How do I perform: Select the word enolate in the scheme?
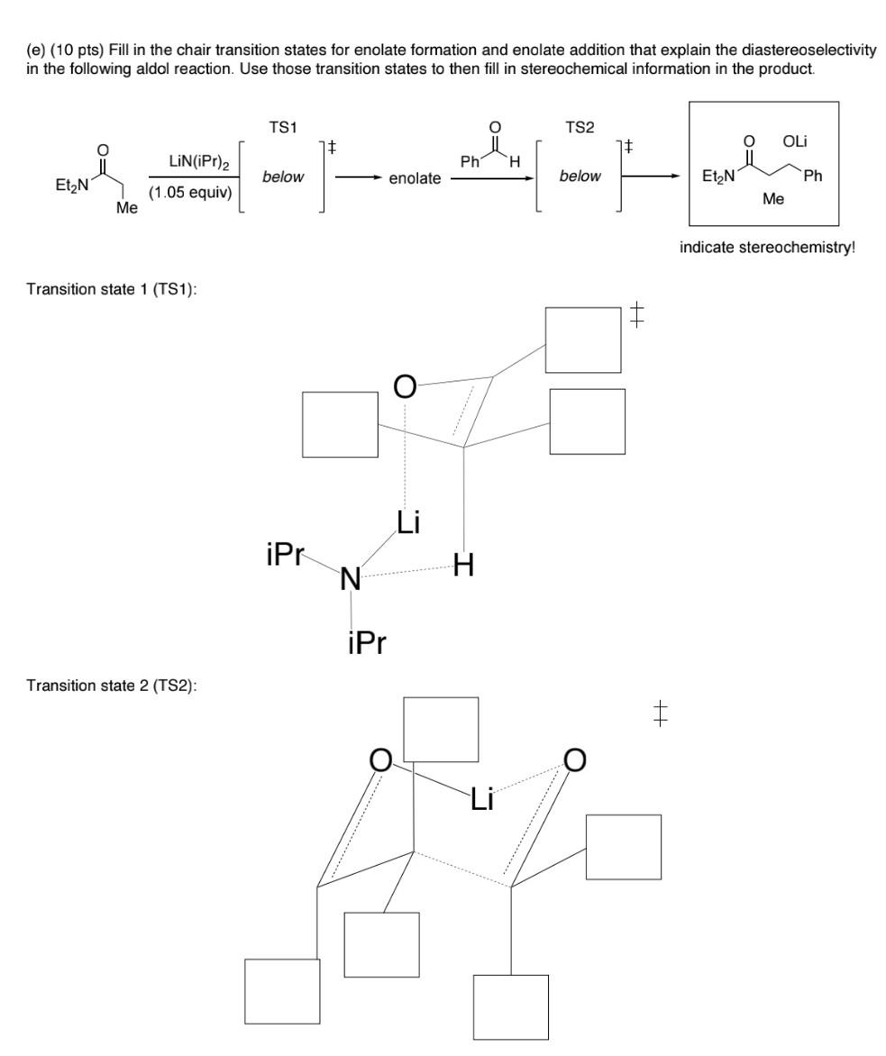coord(415,179)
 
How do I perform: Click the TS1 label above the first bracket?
coord(284,128)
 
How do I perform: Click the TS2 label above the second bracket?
coord(580,128)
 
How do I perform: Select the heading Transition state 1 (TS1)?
coord(103,288)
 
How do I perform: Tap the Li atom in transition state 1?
coord(407,522)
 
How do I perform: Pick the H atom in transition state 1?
coord(464,565)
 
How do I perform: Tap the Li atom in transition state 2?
coord(481,798)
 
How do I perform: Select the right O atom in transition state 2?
coord(573,761)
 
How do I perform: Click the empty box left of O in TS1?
coord(340,425)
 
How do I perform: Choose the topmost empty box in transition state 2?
coord(441,730)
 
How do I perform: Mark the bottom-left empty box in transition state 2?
coord(282,991)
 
